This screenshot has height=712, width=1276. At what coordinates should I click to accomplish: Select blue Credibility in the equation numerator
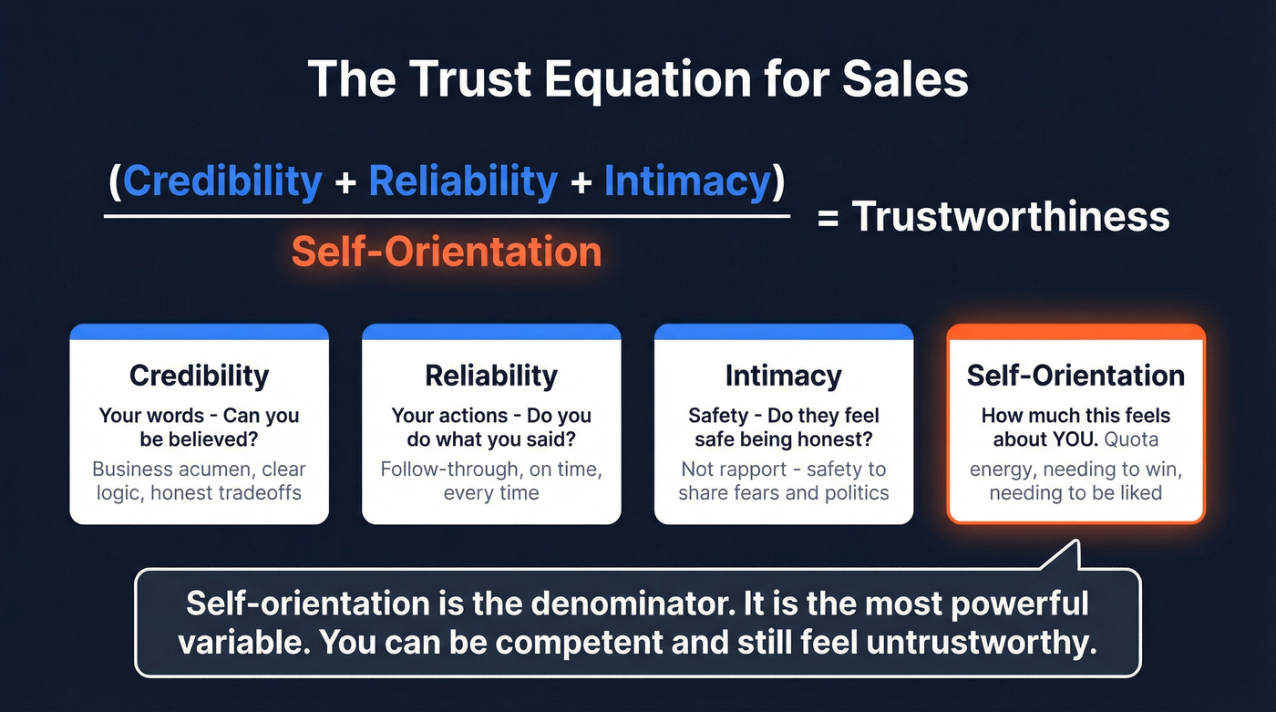(x=222, y=181)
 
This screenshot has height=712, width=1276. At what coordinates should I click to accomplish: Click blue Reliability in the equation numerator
(x=463, y=181)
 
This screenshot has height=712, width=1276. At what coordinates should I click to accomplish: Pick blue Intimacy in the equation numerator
(x=687, y=181)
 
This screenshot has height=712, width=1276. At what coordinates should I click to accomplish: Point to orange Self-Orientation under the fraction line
(x=447, y=251)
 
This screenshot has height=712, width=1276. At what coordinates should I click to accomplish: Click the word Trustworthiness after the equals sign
(x=1011, y=217)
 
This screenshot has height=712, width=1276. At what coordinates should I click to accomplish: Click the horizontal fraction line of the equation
(x=447, y=216)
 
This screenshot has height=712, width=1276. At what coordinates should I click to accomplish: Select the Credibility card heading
(x=199, y=376)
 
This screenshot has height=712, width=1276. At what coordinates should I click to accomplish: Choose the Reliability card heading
(x=491, y=376)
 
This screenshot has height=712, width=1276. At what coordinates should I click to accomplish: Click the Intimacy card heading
(x=784, y=376)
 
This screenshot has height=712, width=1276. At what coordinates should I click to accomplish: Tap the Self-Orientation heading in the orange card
(x=1075, y=376)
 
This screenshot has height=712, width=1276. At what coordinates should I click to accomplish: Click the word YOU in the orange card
(x=1075, y=440)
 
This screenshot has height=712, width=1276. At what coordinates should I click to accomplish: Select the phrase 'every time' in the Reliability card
(x=491, y=493)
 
